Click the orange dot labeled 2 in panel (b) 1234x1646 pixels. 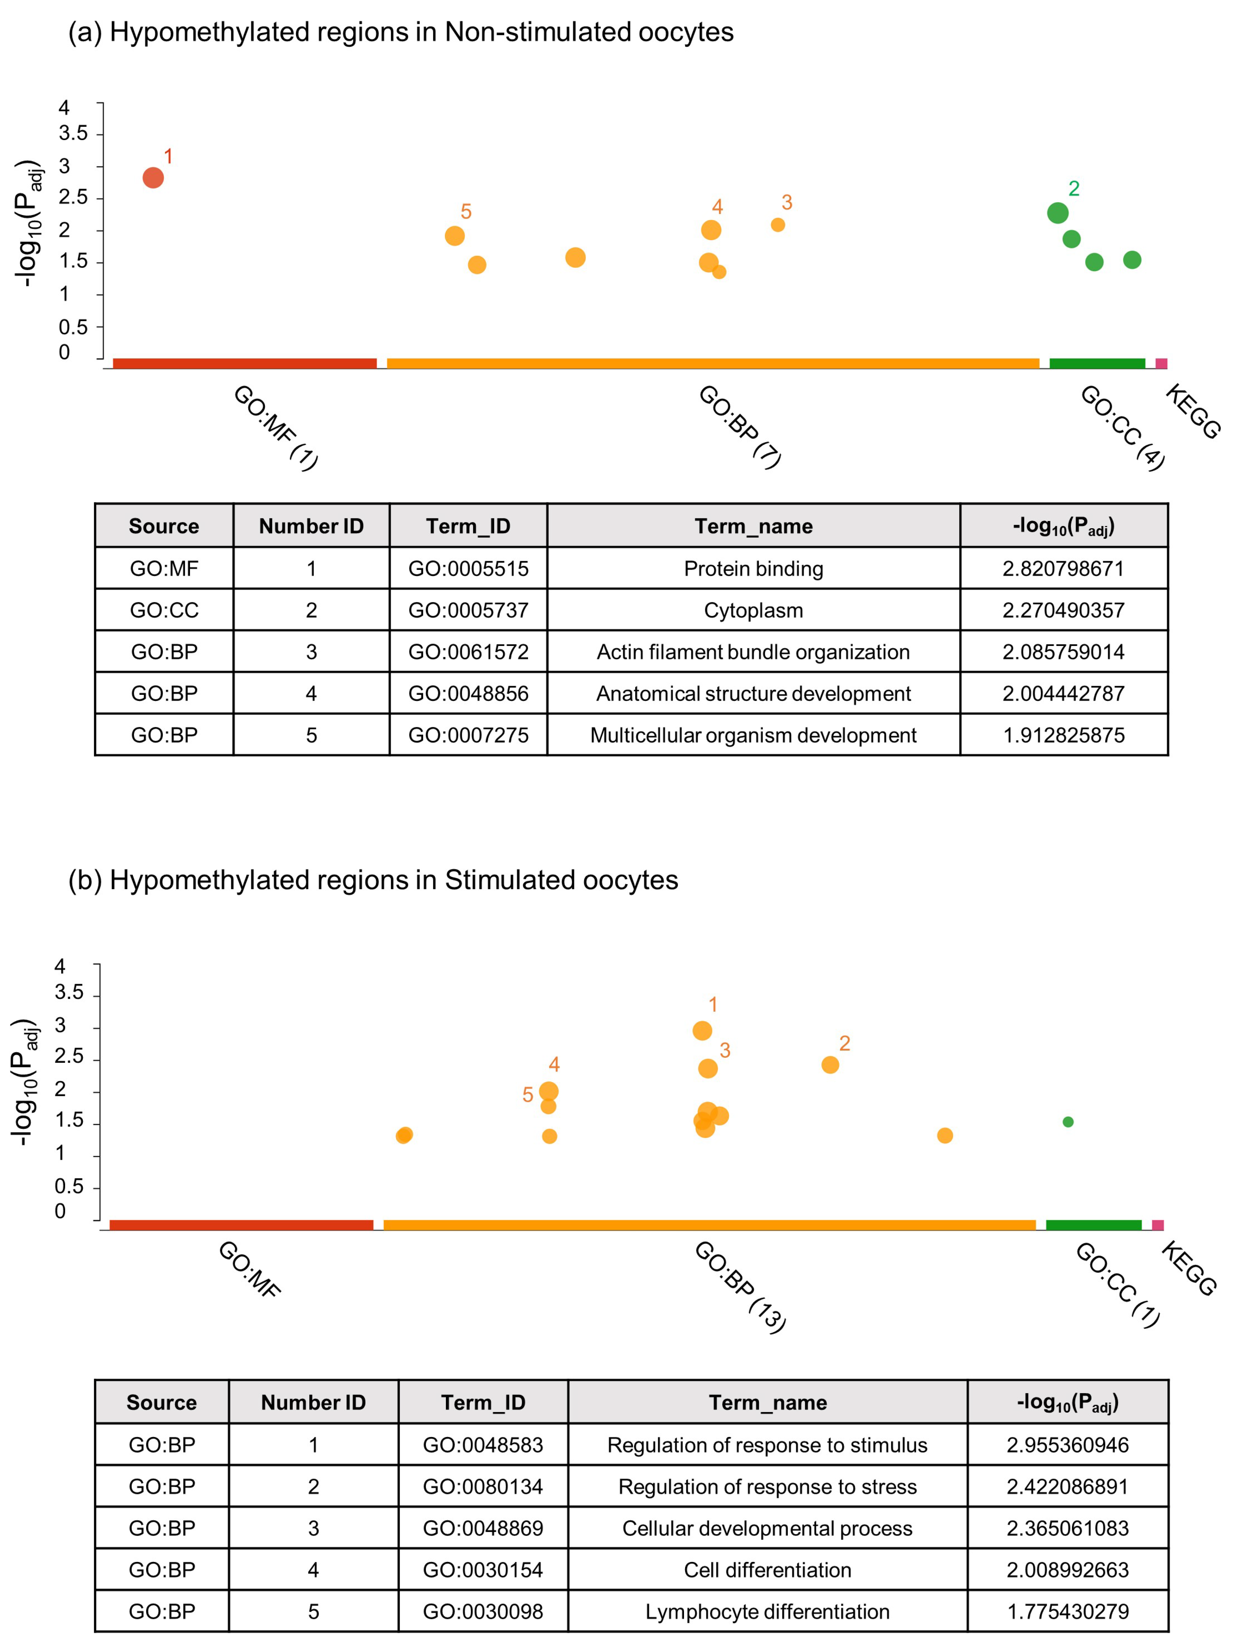830,1065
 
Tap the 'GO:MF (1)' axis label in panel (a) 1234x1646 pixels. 275,428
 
